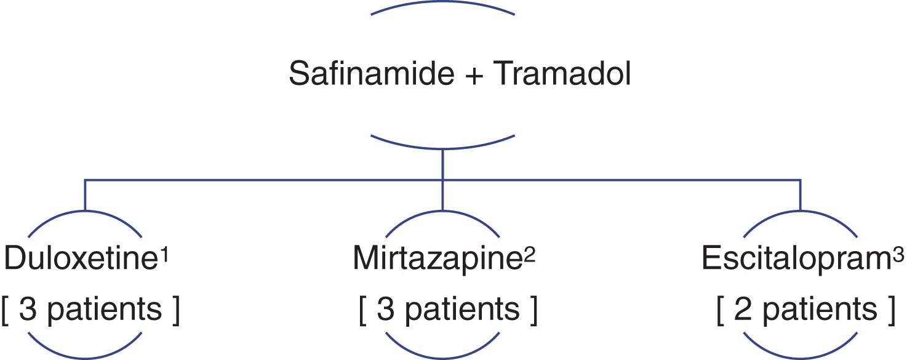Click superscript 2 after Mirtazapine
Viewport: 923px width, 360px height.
[x=529, y=254]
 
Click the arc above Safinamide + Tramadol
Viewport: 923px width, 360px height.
[x=443, y=4]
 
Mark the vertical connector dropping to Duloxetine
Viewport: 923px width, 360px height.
[x=85, y=195]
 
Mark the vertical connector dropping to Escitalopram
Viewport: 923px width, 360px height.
[x=801, y=195]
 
